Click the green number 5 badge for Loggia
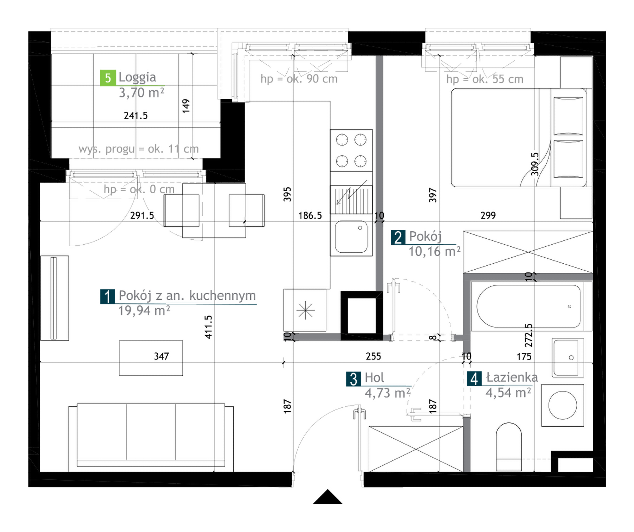(x=108, y=78)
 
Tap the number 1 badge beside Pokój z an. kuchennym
(x=107, y=296)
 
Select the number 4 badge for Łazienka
(x=474, y=379)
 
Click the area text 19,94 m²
(x=144, y=311)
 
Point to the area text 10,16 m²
(x=434, y=251)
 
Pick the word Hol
(x=374, y=377)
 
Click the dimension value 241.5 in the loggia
(x=135, y=115)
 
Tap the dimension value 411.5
(x=208, y=327)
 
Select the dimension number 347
(x=162, y=356)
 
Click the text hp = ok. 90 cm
(x=299, y=79)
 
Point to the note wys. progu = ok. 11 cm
(x=138, y=149)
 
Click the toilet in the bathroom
(x=509, y=447)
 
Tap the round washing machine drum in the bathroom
(x=563, y=405)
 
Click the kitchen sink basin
(x=351, y=236)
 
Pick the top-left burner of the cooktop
(x=342, y=140)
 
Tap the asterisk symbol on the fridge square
(x=305, y=310)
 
